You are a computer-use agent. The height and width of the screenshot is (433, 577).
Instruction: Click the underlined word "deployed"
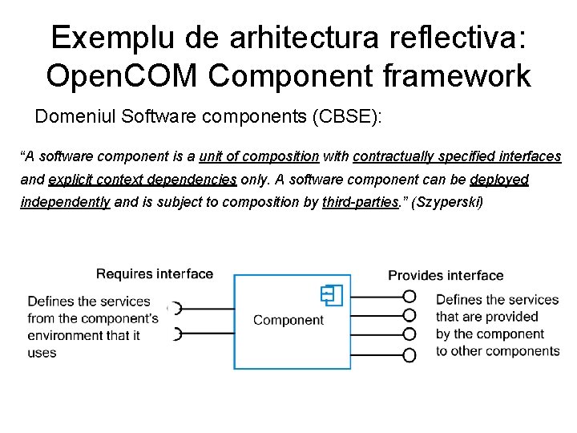(499, 180)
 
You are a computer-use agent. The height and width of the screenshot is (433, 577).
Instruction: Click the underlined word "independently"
(65, 202)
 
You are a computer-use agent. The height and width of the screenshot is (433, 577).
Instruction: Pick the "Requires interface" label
(155, 274)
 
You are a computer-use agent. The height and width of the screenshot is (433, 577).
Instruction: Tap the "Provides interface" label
(446, 276)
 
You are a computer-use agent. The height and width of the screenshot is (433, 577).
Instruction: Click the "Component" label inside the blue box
(288, 320)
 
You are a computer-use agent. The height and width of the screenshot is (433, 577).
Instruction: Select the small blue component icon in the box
(331, 295)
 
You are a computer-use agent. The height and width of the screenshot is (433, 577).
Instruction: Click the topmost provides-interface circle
(410, 296)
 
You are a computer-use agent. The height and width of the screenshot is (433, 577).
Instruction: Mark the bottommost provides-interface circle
(410, 354)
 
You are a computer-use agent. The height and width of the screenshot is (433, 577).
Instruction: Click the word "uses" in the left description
(42, 353)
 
